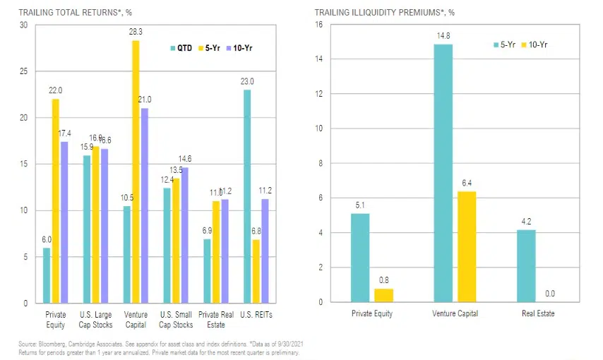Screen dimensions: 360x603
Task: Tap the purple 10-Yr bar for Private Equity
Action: coord(64,222)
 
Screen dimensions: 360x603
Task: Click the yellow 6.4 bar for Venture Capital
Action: coord(467,246)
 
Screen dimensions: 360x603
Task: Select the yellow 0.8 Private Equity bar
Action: coord(383,295)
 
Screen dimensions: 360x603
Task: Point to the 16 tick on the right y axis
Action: coord(318,25)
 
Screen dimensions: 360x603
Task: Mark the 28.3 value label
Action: coord(136,32)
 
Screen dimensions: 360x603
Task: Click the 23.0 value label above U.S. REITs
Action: coord(248,81)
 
